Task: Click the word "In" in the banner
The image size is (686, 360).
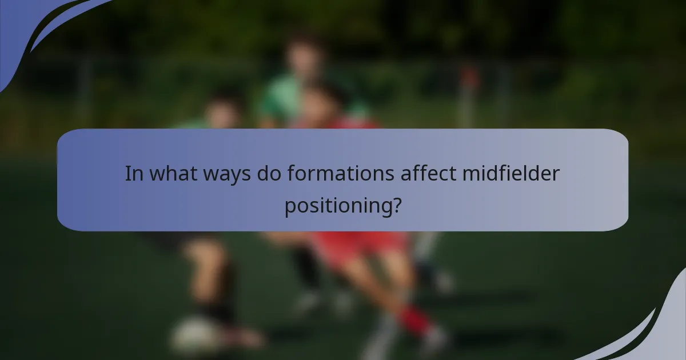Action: click(x=134, y=174)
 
